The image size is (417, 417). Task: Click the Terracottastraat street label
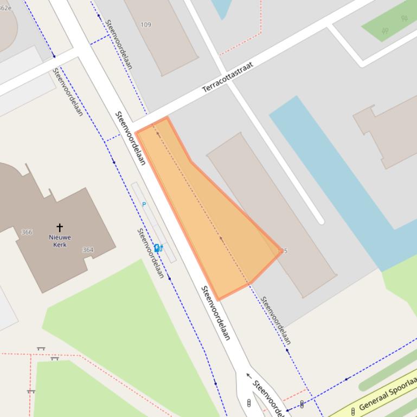(228, 78)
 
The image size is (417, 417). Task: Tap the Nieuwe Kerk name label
(60, 241)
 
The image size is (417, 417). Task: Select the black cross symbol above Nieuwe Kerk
(60, 227)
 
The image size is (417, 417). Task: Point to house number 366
(27, 232)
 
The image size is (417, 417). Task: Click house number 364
(88, 250)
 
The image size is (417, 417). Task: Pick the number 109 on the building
(146, 25)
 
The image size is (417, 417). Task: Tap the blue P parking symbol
(144, 204)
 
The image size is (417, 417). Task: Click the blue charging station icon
(158, 249)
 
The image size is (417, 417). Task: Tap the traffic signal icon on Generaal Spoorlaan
(353, 412)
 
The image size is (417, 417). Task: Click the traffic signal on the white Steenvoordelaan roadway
(249, 403)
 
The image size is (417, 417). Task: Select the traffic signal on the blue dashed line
(301, 403)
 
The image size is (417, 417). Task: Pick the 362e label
(5, 8)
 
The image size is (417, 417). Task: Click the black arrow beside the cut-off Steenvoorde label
(249, 375)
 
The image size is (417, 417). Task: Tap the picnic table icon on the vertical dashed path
(31, 391)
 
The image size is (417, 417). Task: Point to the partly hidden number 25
(285, 251)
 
